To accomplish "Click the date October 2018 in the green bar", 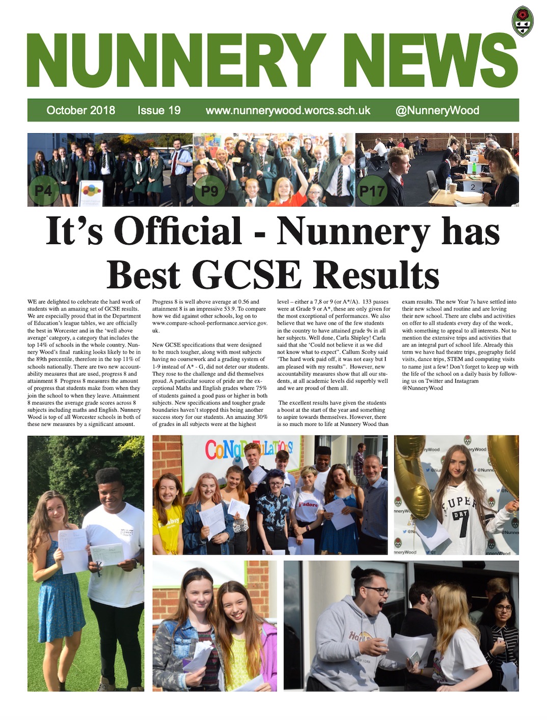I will click(x=80, y=110).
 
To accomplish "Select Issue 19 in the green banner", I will click(x=159, y=110).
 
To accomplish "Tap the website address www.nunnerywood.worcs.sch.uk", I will click(x=288, y=110).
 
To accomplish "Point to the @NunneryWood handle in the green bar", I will click(x=437, y=110).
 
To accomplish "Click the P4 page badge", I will click(x=43, y=191).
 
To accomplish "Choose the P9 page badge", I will click(x=209, y=191).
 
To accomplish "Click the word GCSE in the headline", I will click(x=248, y=275).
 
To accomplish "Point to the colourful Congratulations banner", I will click(x=249, y=450).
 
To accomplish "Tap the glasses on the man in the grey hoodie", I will click(x=376, y=591).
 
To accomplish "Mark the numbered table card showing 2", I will click(x=473, y=187).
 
